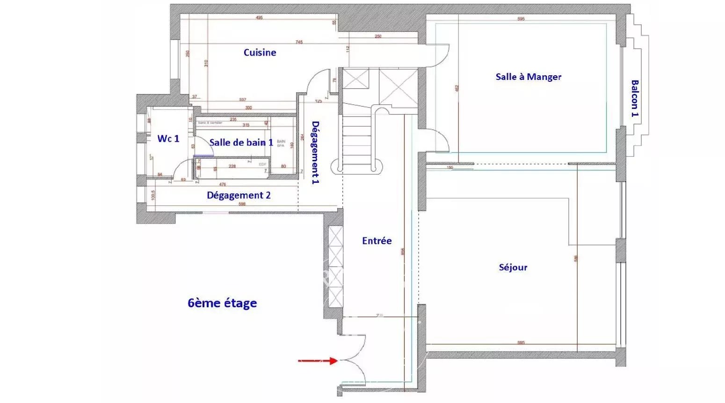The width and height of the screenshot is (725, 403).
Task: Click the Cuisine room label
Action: pyautogui.click(x=260, y=52)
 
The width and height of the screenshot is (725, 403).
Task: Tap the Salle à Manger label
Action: pyautogui.click(x=528, y=77)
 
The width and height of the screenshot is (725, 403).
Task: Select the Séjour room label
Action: pyautogui.click(x=513, y=267)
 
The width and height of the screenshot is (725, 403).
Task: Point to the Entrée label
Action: pyautogui.click(x=377, y=241)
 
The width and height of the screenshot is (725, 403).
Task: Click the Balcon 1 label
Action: pyautogui.click(x=635, y=98)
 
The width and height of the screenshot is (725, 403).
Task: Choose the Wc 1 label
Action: pyautogui.click(x=168, y=138)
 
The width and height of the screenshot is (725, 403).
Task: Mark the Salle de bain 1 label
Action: pyautogui.click(x=241, y=142)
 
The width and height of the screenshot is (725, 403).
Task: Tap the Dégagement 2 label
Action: pyautogui.click(x=239, y=195)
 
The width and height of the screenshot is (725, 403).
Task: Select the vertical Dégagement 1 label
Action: pyautogui.click(x=316, y=152)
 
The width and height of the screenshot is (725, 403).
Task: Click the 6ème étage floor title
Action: pyautogui.click(x=222, y=303)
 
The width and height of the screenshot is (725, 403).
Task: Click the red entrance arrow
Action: pyautogui.click(x=318, y=360)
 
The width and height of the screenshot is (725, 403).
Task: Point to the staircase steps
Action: pyautogui.click(x=357, y=140)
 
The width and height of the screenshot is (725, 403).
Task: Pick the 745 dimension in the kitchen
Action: pyautogui.click(x=299, y=42)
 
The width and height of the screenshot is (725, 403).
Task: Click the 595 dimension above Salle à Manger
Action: pyautogui.click(x=521, y=19)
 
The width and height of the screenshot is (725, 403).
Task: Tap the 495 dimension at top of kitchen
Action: pyautogui.click(x=259, y=18)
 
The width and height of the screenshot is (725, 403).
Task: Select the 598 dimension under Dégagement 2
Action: pyautogui.click(x=242, y=204)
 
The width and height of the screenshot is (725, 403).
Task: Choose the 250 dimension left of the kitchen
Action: pyautogui.click(x=188, y=54)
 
